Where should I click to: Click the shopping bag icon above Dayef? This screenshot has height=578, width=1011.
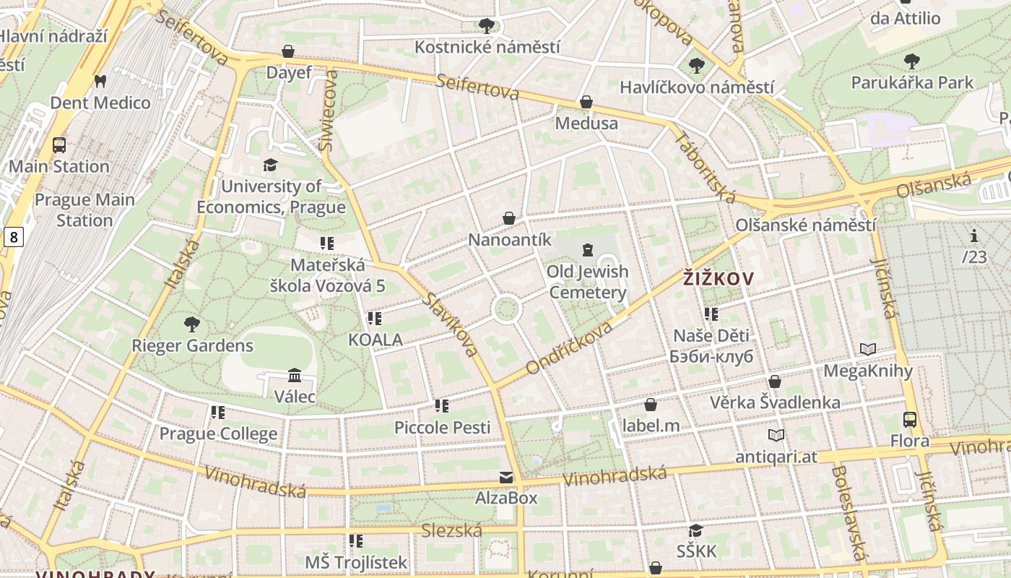click(288, 51)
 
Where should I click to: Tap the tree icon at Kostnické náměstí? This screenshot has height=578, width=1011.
click(487, 26)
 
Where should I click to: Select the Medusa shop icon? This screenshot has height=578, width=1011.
click(586, 102)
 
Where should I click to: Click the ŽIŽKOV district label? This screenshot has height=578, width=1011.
click(719, 278)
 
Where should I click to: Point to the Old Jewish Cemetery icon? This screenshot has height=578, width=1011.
click(587, 250)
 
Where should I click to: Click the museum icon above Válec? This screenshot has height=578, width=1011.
click(295, 375)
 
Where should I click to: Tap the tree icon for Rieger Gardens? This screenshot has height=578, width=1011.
click(191, 324)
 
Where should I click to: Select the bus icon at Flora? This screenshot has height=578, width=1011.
click(910, 419)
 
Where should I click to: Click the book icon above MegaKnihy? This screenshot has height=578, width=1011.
click(868, 350)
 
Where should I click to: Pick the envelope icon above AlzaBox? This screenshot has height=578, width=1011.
click(506, 477)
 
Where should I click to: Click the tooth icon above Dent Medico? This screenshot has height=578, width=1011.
click(100, 81)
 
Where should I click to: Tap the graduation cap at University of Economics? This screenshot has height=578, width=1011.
click(271, 165)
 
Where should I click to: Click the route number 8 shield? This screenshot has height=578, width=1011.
click(13, 236)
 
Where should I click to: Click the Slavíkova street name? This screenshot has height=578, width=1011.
click(451, 324)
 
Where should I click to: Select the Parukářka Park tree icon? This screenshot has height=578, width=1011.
click(912, 61)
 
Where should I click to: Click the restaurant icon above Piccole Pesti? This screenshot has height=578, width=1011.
click(442, 406)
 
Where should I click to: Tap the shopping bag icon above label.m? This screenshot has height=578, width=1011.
click(651, 405)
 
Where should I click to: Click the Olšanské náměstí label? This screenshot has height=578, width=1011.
click(806, 225)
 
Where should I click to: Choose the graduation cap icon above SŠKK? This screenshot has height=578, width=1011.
click(696, 531)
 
